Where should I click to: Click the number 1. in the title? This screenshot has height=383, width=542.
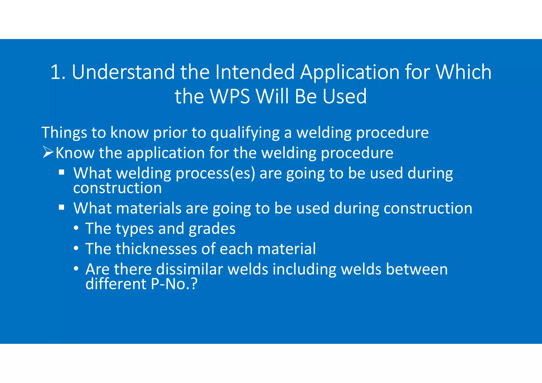point(58,72)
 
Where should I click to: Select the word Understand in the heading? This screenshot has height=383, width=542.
point(123,72)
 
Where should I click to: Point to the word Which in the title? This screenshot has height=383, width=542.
point(463,72)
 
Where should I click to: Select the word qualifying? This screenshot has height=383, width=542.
point(245,133)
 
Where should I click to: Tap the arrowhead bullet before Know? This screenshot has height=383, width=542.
point(48,153)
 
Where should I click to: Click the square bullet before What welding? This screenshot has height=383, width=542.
point(62,173)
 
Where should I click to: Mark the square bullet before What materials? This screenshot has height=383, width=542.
point(62,207)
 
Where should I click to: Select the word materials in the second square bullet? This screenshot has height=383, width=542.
point(149,208)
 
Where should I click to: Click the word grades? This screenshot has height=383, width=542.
point(212,229)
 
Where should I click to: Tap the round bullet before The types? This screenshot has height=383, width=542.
point(76,228)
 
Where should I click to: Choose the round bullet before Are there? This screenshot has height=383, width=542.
point(76,268)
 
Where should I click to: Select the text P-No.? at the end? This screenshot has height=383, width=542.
point(174,284)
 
